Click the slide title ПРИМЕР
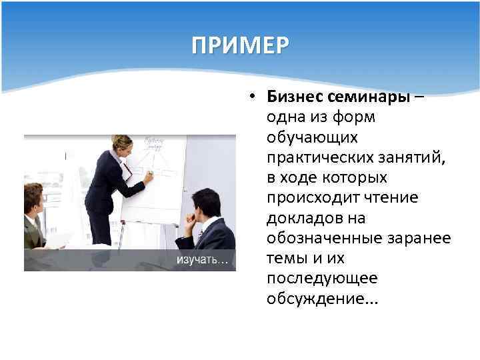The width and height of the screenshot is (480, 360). [240, 45]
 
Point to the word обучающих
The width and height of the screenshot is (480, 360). [313, 138]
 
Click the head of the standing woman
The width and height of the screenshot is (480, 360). [122, 145]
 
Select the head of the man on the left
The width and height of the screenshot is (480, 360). [33, 198]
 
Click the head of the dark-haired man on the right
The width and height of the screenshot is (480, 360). [205, 203]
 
